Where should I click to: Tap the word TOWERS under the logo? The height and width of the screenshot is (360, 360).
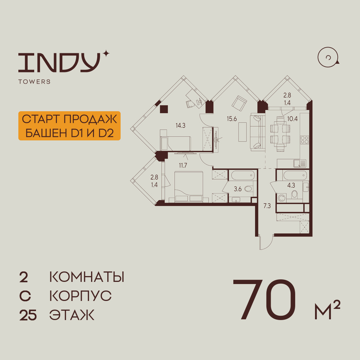pyautogui.click(x=34, y=82)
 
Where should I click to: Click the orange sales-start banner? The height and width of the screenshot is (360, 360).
pyautogui.click(x=69, y=126)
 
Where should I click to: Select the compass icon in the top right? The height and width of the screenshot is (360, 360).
pyautogui.click(x=328, y=58)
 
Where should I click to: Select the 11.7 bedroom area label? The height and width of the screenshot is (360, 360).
pyautogui.click(x=184, y=166)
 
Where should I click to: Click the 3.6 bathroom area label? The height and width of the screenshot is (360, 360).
pyautogui.click(x=238, y=188)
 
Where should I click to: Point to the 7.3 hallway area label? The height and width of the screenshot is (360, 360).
pyautogui.click(x=267, y=206)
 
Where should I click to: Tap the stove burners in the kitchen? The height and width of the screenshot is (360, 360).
pyautogui.click(x=305, y=140)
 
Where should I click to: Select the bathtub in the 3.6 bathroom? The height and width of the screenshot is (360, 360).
pyautogui.click(x=243, y=176)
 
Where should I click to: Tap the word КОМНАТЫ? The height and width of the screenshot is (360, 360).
pyautogui.click(x=86, y=278)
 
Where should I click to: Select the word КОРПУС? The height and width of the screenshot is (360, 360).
pyautogui.click(x=80, y=297)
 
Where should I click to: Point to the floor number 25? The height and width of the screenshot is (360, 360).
pyautogui.click(x=28, y=316)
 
